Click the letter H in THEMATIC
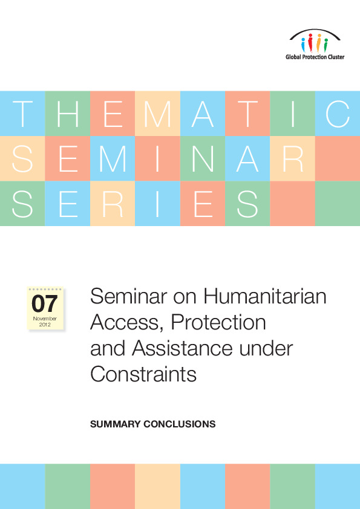[68, 114]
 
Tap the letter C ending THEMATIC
[338, 114]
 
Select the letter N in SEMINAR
[203, 159]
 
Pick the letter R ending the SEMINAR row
[293, 159]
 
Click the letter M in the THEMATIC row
[157, 114]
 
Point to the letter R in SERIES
[113, 204]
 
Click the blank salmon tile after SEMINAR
[338, 158]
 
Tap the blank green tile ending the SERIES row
[338, 203]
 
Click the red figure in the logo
[310, 42]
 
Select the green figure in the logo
[326, 45]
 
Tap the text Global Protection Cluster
[315, 57]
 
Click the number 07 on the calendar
[45, 304]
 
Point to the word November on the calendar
[45, 319]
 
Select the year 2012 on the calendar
[45, 325]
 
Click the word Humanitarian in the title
[265, 296]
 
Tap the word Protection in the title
[218, 322]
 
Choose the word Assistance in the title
[182, 348]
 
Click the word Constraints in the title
[143, 374]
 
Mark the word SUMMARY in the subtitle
[116, 424]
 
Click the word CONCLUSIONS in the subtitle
[180, 424]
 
